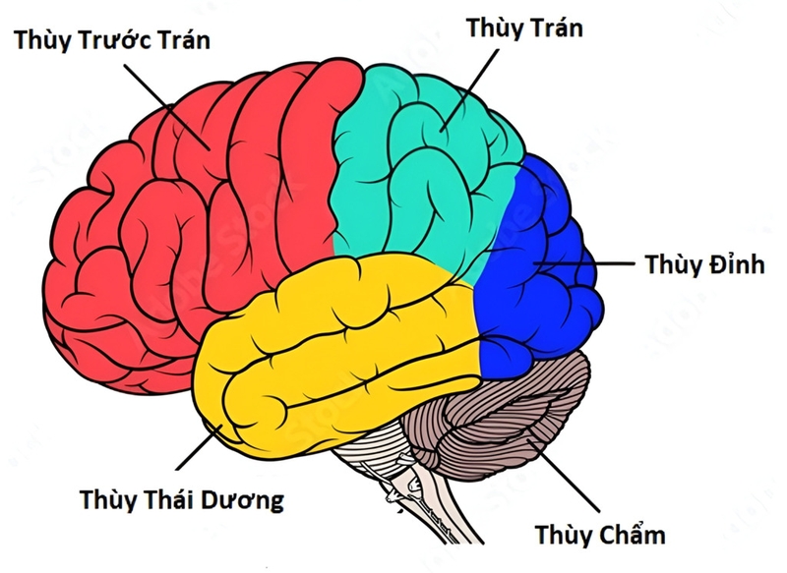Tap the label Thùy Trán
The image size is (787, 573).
click(x=524, y=28)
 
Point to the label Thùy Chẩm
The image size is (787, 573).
click(x=600, y=535)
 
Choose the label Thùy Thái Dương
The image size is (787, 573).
click(x=182, y=499)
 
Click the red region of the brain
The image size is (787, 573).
click(x=177, y=226)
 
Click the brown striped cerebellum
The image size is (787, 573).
click(x=512, y=413)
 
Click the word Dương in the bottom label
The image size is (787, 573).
click(x=242, y=499)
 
